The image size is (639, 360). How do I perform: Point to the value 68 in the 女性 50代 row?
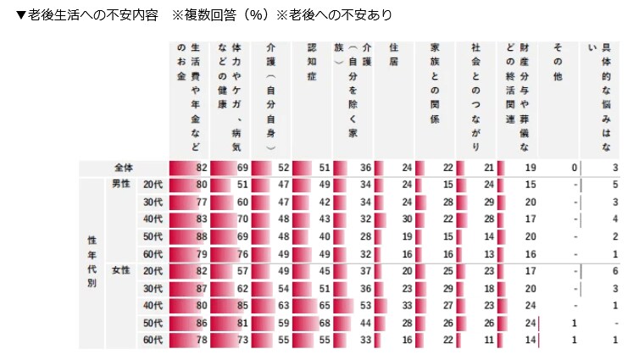(324, 323)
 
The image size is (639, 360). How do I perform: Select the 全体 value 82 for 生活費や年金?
(201, 168)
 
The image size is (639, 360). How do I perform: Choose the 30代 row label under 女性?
(153, 288)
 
